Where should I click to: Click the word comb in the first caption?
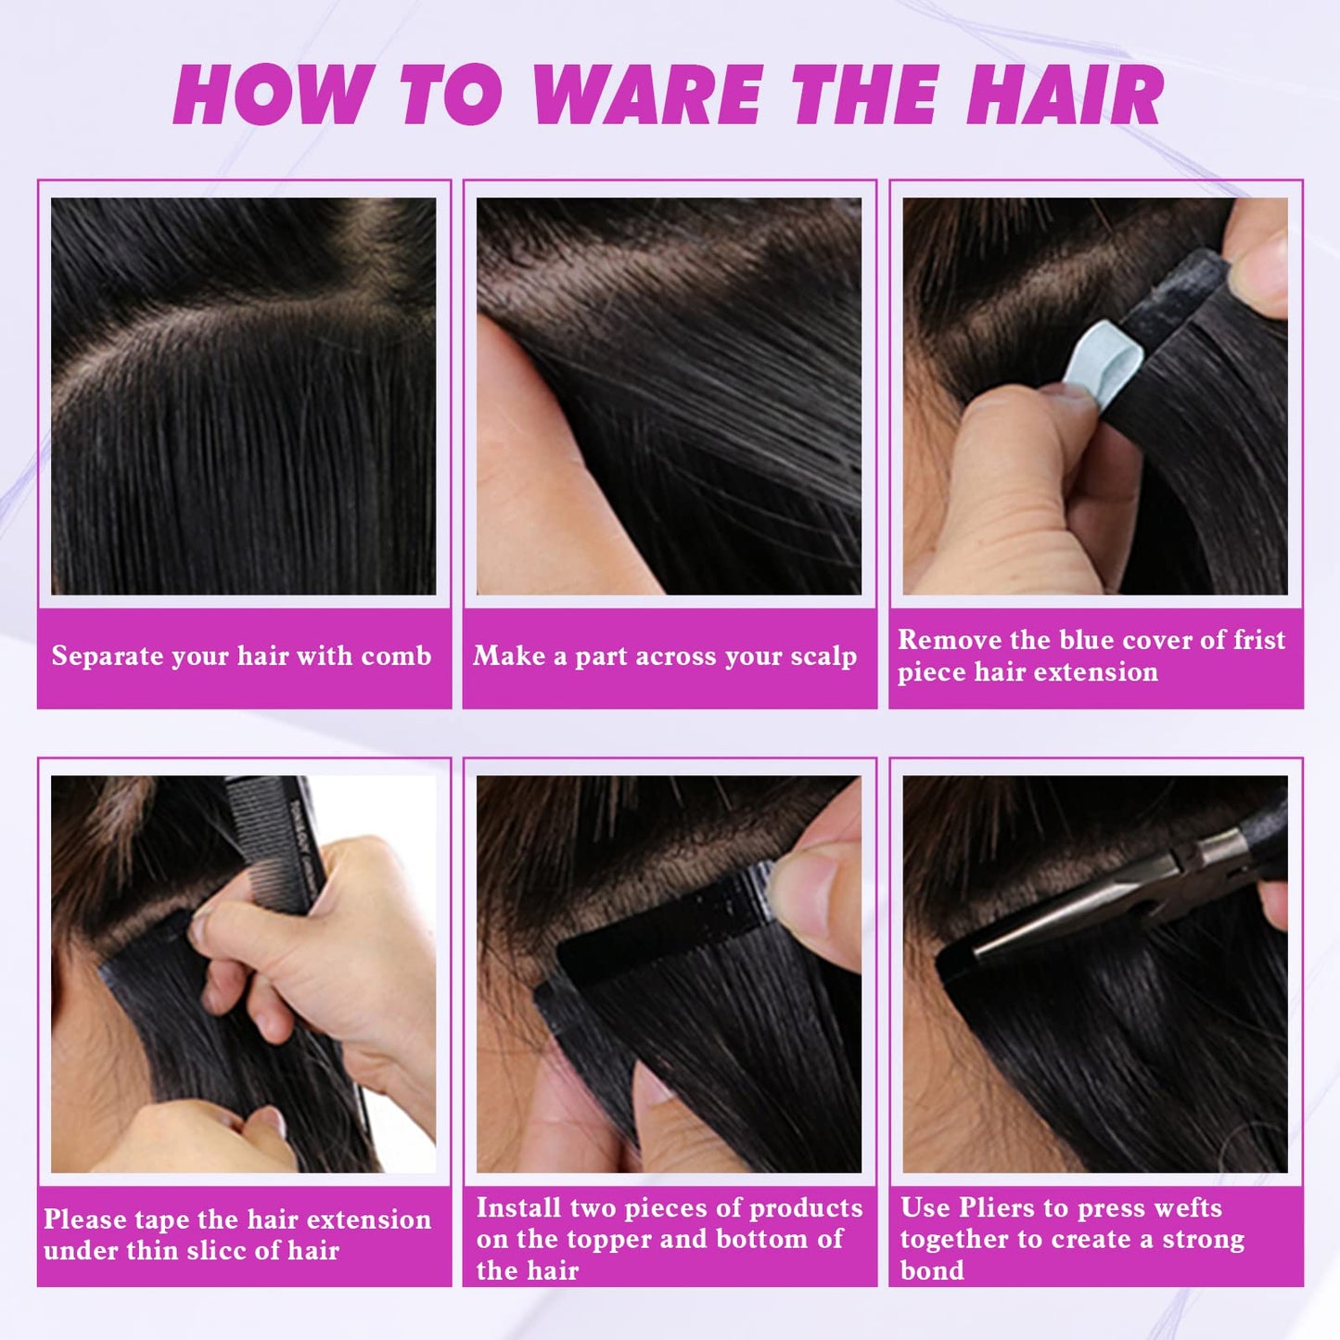[396, 657]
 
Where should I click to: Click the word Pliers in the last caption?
[997, 1207]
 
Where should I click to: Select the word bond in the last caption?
[932, 1270]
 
